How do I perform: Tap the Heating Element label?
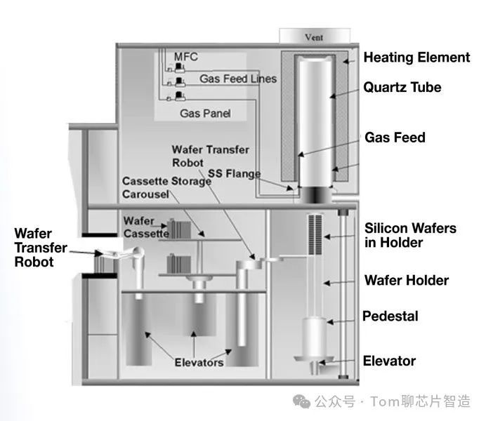click(x=416, y=58)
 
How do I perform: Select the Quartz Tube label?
click(x=402, y=88)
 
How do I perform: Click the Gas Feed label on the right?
click(x=395, y=138)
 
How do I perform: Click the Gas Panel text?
click(x=205, y=112)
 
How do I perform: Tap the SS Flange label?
click(x=233, y=173)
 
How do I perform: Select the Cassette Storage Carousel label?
click(x=166, y=187)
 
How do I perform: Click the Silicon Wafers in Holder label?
click(x=410, y=235)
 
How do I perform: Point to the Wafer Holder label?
click(x=407, y=281)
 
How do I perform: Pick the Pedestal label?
click(x=390, y=316)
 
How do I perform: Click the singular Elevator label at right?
click(x=389, y=361)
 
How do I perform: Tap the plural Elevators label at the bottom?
click(x=199, y=362)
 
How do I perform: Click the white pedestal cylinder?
click(x=313, y=337)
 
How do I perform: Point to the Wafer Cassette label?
click(x=146, y=226)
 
